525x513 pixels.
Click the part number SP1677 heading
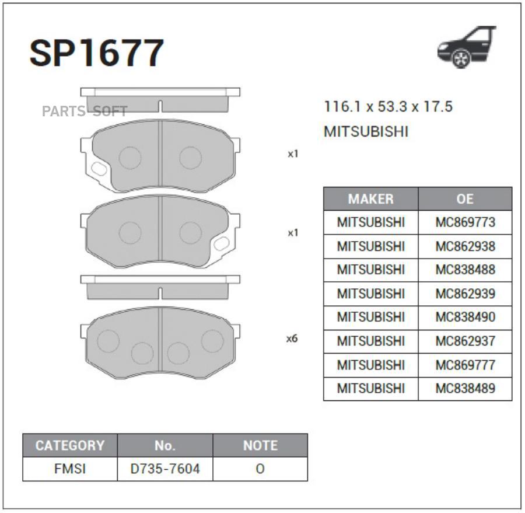click(x=97, y=53)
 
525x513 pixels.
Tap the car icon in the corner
click(x=467, y=47)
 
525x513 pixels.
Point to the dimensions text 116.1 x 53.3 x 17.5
click(x=388, y=107)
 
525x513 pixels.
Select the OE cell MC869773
click(x=465, y=222)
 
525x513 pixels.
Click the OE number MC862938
click(x=465, y=246)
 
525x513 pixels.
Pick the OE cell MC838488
click(x=465, y=270)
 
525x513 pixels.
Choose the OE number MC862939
click(x=465, y=294)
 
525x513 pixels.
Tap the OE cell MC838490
click(x=465, y=317)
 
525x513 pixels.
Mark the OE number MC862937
click(x=465, y=341)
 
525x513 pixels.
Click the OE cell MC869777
click(x=465, y=365)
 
